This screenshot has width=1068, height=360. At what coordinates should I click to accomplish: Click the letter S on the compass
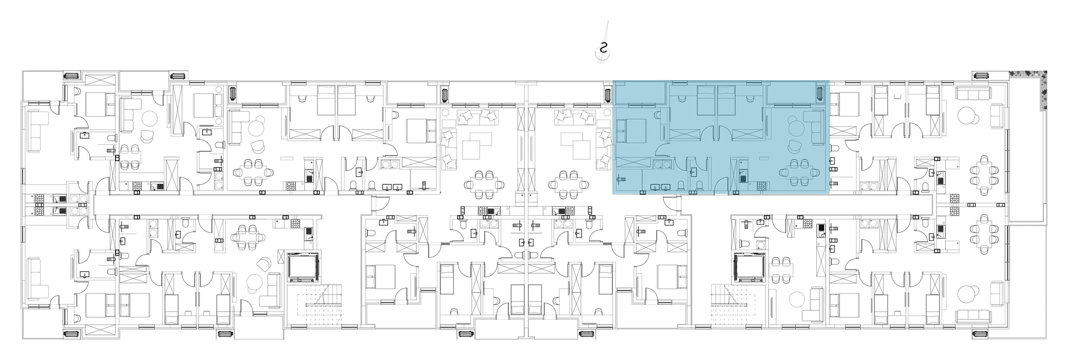point(604,49)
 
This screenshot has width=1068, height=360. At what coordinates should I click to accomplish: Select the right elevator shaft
point(750,267)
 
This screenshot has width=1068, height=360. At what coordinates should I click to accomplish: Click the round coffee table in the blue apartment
point(795,128)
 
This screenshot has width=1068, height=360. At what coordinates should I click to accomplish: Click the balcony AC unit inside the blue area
point(819,94)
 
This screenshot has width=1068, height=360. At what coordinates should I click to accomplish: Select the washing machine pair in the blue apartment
point(661,164)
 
